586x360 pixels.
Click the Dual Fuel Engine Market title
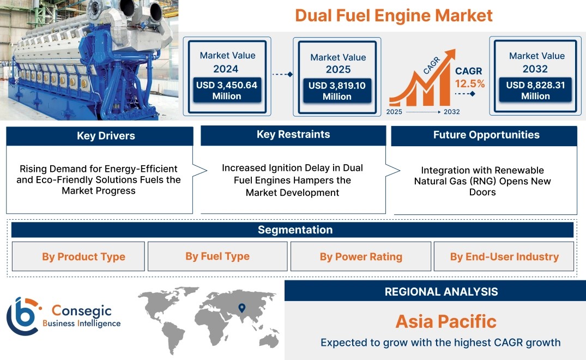coord(394,16)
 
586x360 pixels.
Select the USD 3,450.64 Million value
coord(227,91)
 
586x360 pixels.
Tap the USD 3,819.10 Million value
coord(337,91)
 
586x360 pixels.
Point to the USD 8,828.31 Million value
coord(535,91)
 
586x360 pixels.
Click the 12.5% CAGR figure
coord(470,84)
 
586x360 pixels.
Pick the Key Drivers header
coord(106,136)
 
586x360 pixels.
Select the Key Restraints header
coord(293,135)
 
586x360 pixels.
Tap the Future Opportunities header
coord(486,135)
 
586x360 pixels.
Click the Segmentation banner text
coord(295,230)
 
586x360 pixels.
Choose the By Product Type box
coord(78,256)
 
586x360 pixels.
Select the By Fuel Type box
coord(218,256)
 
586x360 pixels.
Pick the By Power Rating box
coord(361,256)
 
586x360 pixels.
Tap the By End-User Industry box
coord(504,256)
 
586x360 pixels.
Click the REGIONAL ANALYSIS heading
coord(442,292)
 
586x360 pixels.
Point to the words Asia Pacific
coord(446,321)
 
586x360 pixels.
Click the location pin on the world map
coord(242,308)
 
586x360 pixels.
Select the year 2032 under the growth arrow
coord(451,112)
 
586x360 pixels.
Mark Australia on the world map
coord(269,340)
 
